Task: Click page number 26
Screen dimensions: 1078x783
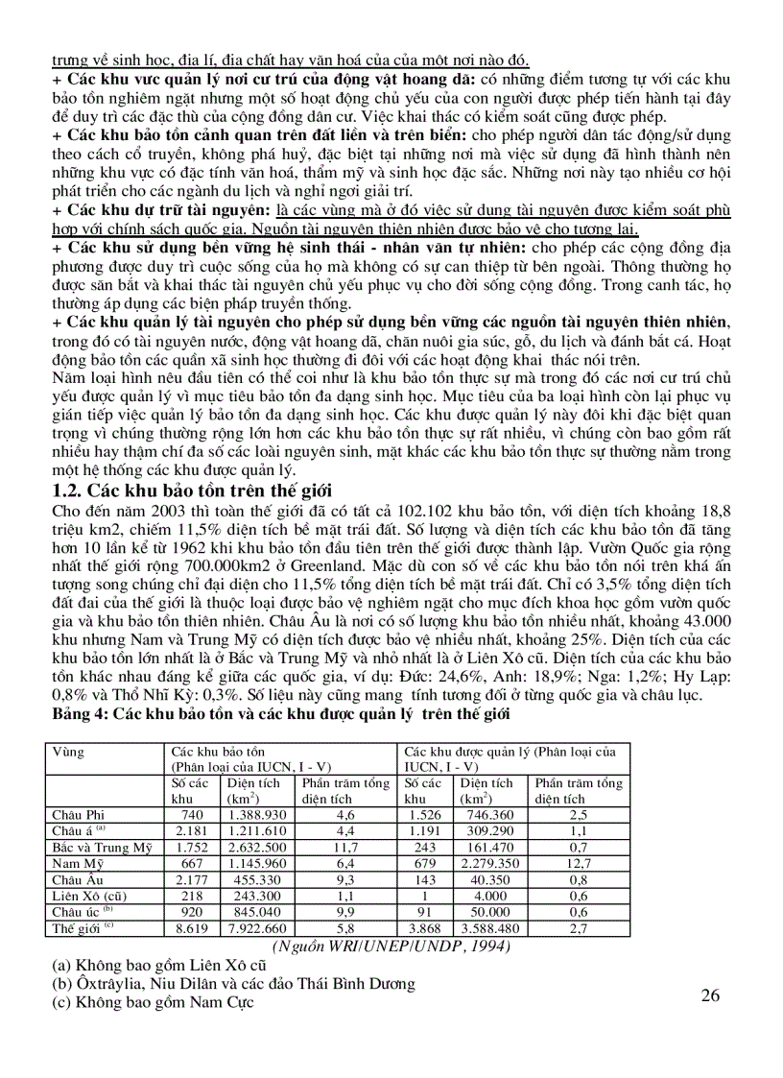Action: tap(710, 994)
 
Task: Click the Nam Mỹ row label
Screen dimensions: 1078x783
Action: tap(73, 863)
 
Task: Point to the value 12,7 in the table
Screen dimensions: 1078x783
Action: tap(579, 863)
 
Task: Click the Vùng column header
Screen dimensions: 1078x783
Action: tap(68, 752)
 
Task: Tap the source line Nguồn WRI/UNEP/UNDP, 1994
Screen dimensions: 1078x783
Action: tap(391, 946)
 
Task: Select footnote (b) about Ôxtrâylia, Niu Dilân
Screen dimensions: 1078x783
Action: tap(234, 983)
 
